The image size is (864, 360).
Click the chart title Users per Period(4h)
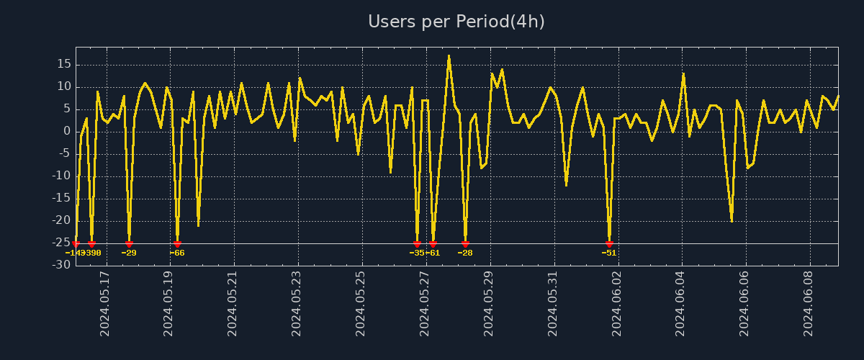(456, 22)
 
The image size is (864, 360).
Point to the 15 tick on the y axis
(64, 64)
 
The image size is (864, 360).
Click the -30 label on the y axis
(62, 265)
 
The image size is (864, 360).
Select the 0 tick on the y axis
(67, 131)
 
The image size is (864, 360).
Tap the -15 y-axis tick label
(62, 198)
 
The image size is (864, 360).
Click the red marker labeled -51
(609, 244)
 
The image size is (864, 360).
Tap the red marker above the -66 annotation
(177, 244)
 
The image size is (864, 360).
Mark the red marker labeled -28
(465, 244)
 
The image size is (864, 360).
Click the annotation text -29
(129, 253)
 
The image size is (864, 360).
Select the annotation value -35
(417, 253)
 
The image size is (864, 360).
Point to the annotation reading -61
(433, 253)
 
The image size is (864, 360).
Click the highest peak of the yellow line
(449, 55)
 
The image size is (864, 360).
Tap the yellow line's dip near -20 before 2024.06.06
(732, 221)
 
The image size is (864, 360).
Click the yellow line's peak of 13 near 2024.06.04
(683, 73)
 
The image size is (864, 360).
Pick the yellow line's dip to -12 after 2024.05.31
(566, 185)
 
